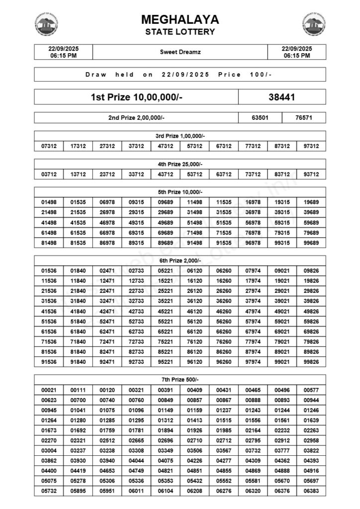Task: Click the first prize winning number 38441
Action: tap(282, 97)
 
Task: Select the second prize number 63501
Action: tap(260, 118)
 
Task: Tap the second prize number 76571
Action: tap(304, 118)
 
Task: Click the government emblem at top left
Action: tap(46, 24)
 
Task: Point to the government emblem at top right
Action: tap(314, 24)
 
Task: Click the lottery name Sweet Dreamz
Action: tap(180, 52)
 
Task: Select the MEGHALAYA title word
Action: tap(180, 20)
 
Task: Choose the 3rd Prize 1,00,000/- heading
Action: tap(180, 136)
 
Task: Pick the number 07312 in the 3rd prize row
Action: tap(49, 146)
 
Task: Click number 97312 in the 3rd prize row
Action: tap(311, 146)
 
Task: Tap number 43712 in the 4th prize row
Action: tap(166, 174)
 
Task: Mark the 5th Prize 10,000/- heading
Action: tap(180, 192)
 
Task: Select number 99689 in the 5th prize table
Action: tap(311, 243)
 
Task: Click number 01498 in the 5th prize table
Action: tap(49, 202)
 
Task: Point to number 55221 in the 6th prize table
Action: tap(166, 322)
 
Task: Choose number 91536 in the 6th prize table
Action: tap(49, 362)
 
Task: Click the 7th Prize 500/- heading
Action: tap(180, 379)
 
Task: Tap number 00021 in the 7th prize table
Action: tap(49, 390)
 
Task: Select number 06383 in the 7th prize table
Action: tap(311, 491)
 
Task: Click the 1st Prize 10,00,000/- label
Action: tap(136, 97)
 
